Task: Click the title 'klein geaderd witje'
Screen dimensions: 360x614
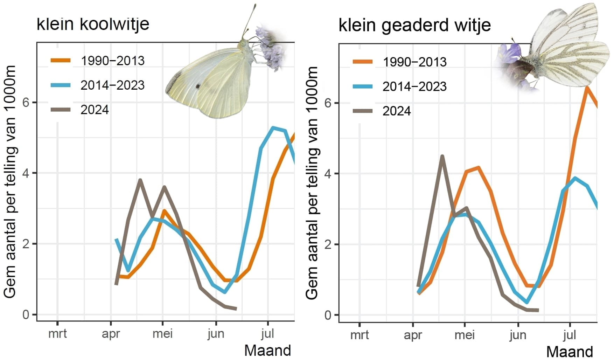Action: click(x=414, y=25)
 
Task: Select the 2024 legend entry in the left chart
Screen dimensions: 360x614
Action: click(x=95, y=110)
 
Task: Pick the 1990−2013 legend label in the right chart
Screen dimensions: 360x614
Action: click(x=414, y=62)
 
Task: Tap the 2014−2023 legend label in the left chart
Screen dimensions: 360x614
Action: click(x=112, y=85)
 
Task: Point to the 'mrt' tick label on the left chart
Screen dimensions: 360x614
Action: click(x=57, y=333)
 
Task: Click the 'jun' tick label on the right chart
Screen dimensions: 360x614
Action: click(x=518, y=335)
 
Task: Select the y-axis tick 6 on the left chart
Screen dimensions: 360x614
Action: click(x=26, y=103)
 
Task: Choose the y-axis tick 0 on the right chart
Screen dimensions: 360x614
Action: click(x=328, y=315)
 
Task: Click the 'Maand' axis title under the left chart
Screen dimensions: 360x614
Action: click(x=267, y=350)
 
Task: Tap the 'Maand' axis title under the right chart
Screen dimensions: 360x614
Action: click(x=570, y=351)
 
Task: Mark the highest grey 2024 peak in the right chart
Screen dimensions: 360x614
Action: click(x=442, y=156)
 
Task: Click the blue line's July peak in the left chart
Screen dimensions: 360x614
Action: click(x=273, y=128)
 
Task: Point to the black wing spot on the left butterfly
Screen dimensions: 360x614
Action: click(x=198, y=86)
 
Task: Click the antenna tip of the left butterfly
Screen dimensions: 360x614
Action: click(x=255, y=5)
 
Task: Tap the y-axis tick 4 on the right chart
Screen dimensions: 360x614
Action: click(x=328, y=174)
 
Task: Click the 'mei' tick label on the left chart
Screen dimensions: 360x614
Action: click(x=162, y=333)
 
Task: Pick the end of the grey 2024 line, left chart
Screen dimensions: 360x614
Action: click(x=236, y=309)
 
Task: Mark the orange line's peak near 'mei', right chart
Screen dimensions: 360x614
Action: click(x=478, y=168)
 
